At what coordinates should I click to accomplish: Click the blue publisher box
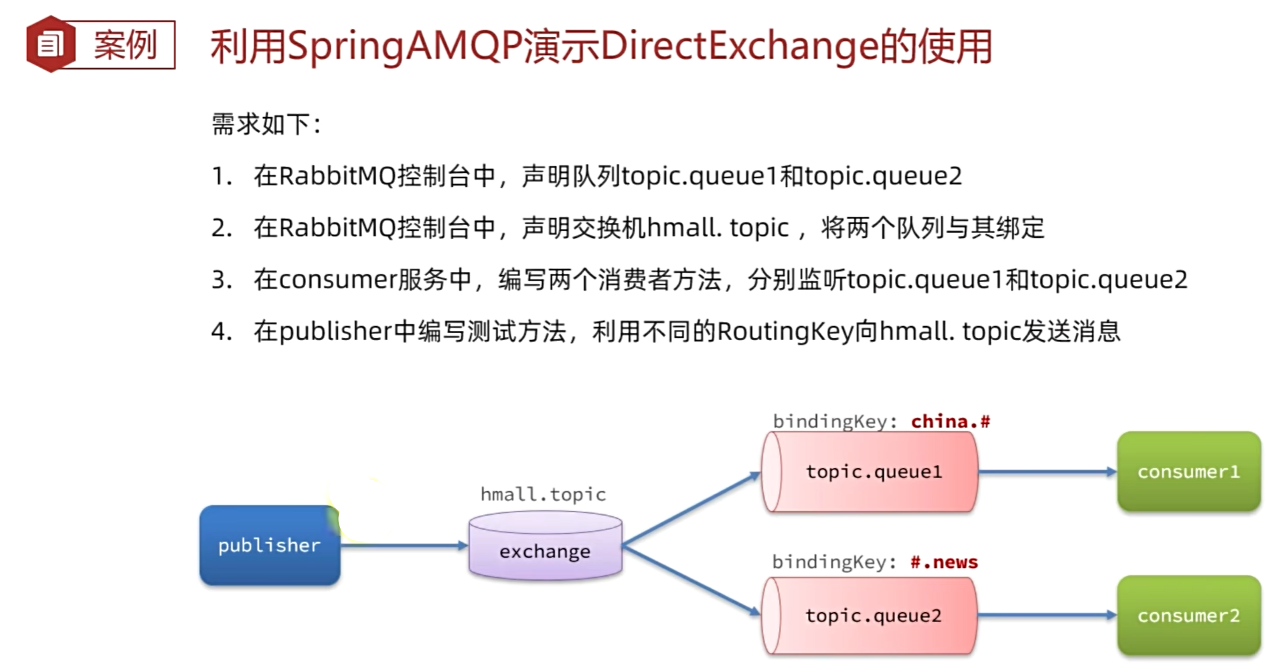(x=269, y=545)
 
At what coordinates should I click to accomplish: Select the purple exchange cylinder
(x=545, y=546)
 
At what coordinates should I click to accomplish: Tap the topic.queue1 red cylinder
(x=870, y=472)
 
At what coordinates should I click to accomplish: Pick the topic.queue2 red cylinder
(x=870, y=615)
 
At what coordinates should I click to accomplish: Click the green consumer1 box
(x=1188, y=471)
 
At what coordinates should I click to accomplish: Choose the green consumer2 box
(x=1188, y=615)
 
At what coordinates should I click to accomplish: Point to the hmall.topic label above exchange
(x=543, y=494)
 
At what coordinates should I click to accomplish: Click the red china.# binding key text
(x=950, y=421)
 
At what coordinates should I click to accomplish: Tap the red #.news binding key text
(x=944, y=562)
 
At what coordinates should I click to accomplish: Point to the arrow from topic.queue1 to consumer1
(x=1047, y=472)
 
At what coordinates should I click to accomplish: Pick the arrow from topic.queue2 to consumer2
(x=1047, y=615)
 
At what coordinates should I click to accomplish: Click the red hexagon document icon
(x=50, y=45)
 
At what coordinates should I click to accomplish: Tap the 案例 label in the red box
(x=125, y=45)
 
